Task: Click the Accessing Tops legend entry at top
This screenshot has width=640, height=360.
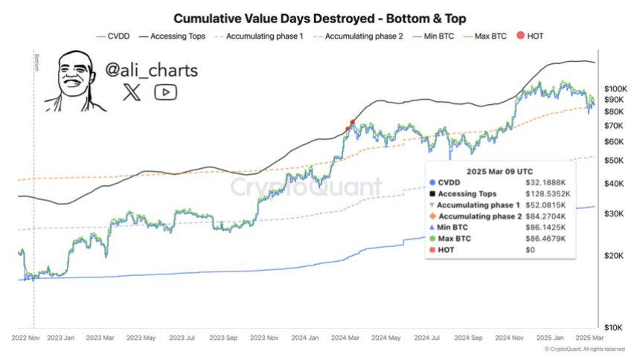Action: point(180,35)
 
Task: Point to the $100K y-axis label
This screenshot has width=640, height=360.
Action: point(616,89)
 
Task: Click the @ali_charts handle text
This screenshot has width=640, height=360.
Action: point(151,71)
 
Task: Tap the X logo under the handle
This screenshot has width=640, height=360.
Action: point(132,92)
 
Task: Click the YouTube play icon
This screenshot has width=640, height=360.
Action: point(165,92)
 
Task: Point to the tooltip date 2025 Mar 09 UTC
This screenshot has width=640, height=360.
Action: point(499,170)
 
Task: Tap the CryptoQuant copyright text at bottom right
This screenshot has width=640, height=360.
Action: point(584,349)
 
